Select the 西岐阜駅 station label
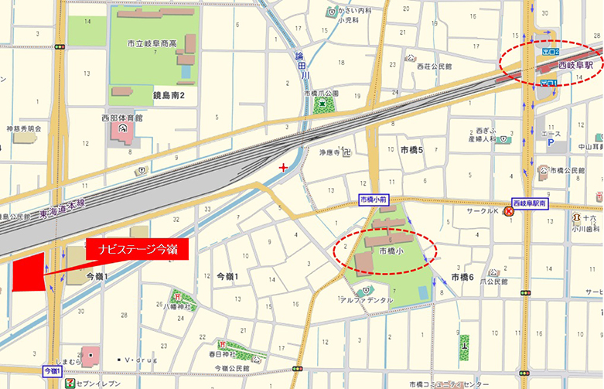point(575,66)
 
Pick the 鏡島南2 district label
point(174,94)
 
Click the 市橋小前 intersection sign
point(376,200)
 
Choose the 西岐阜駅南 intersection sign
point(529,203)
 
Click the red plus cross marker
point(284,167)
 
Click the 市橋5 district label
point(411,149)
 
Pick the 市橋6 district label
point(462,276)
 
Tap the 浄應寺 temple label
point(326,152)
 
